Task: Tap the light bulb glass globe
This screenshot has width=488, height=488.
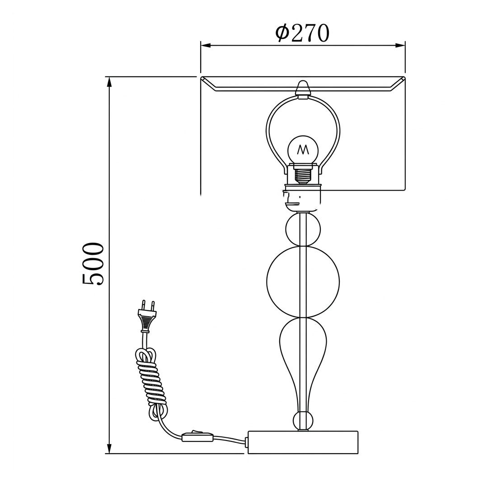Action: [x=303, y=149]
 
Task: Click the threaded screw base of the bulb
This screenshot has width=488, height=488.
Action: [x=303, y=174]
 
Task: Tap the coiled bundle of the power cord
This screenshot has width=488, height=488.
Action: [x=151, y=381]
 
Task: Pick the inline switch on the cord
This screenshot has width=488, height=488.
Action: [x=197, y=436]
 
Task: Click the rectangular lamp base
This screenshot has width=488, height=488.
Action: [x=303, y=442]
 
